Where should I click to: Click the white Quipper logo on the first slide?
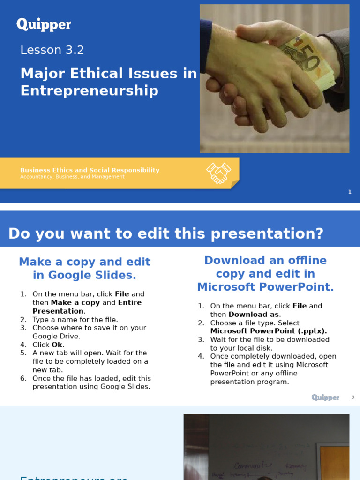coord(44,24)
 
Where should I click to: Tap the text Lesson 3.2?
coord(52,50)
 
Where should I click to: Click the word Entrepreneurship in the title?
coord(90,90)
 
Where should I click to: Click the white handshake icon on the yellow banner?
coord(218,173)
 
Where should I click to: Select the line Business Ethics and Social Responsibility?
coord(90,170)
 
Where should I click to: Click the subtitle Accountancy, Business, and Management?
coord(72,177)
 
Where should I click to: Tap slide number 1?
coord(350,192)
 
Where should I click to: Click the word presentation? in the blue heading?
coord(271,233)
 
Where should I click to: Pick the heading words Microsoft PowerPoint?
coord(265,287)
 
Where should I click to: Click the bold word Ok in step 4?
coord(57,345)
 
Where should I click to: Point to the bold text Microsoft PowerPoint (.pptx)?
coord(269,331)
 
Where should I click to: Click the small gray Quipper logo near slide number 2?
coord(325,397)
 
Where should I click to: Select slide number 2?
coord(353,398)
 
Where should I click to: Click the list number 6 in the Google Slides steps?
coord(22,378)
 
